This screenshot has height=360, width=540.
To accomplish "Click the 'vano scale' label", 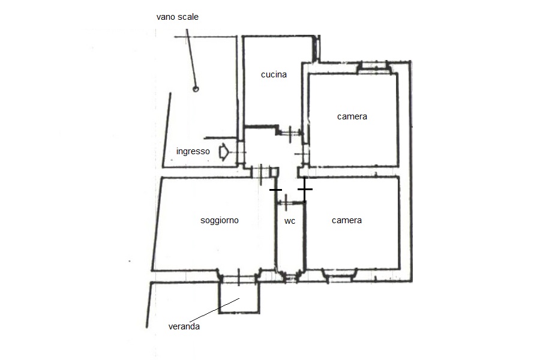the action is pos(178,17).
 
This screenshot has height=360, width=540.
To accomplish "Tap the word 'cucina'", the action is pos(274,74).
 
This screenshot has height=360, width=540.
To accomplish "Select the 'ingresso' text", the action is pos(193,151).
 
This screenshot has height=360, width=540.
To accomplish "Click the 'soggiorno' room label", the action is pos(220,220).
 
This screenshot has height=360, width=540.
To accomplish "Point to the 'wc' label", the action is pos(290,221).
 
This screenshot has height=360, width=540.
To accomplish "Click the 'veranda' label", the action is pos(184,326).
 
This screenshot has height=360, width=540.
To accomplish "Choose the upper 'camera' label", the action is pos(352,116).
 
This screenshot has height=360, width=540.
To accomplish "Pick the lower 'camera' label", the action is pos(346,220).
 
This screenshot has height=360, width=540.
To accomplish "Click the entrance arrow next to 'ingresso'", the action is pos(224,152).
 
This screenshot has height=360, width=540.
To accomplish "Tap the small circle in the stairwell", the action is pos(196,89).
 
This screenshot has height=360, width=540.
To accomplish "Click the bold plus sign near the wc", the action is pos(305,189).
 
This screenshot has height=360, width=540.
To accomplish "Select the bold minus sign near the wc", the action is pos(275,190).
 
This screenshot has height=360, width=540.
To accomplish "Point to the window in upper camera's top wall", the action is pos(374,67).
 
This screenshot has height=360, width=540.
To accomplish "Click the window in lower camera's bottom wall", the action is pos(339,275).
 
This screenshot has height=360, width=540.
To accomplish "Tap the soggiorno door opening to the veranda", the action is pos(239,278).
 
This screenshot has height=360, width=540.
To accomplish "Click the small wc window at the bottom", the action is pos(292,277).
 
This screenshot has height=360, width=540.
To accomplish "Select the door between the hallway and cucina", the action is pos(290,133).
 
